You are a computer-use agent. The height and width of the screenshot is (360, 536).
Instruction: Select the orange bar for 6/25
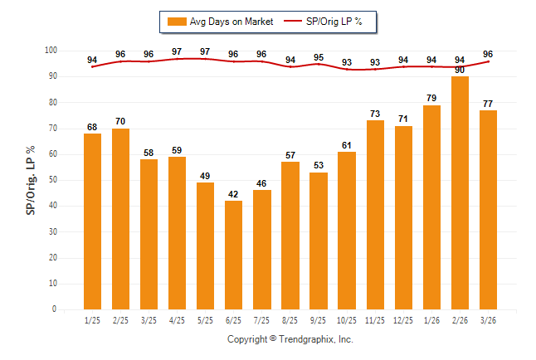coord(233,255)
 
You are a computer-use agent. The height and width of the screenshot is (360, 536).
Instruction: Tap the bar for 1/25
coord(92,221)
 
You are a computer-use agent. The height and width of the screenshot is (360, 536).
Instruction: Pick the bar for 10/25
coord(346,230)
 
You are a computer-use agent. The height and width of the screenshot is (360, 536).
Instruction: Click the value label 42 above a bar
coord(233,194)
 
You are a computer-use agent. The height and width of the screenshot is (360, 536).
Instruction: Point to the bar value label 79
coord(431,99)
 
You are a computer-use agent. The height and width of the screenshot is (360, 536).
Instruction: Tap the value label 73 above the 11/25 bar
coord(375,114)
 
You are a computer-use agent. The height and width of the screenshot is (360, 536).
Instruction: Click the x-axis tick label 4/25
coord(177,319)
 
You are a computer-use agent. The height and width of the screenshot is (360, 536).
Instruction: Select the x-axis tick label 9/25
coord(318,319)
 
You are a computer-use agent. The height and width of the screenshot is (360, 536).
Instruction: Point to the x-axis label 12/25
coord(403,319)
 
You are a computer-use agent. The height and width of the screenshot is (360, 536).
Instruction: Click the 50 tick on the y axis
coord(51,180)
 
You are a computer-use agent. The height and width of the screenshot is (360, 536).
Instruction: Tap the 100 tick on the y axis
coord(49,51)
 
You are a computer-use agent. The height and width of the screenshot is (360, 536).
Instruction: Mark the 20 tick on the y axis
coord(51,258)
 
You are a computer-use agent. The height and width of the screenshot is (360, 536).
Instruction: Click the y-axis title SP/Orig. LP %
coord(31,180)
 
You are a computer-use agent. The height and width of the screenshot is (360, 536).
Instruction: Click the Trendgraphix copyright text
coord(290,340)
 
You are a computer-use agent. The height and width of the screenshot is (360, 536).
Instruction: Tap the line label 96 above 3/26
coord(488,54)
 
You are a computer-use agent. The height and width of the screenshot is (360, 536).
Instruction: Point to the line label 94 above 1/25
coord(92,60)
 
